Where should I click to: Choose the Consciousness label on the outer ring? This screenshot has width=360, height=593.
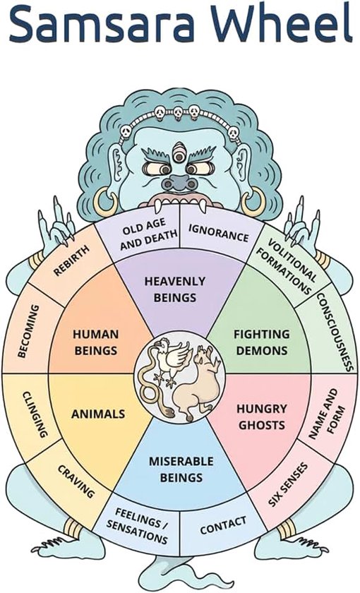click(335, 332)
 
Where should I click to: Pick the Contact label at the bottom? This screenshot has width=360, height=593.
click(223, 526)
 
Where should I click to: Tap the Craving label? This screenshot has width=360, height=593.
click(76, 481)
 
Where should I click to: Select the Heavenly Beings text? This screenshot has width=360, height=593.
click(175, 289)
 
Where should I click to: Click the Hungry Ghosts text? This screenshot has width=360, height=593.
click(261, 417)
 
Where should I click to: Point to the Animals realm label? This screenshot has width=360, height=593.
click(98, 414)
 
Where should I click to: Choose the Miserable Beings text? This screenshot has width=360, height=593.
click(181, 469)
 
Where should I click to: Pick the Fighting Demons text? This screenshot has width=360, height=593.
click(261, 342)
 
